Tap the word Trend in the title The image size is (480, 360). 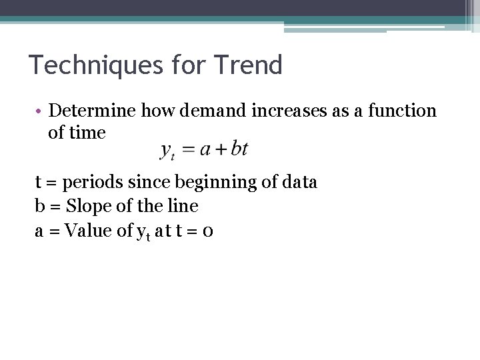click(249, 65)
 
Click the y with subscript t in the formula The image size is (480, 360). click(167, 151)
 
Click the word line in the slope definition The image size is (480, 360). click(185, 207)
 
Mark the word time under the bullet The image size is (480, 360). click(87, 133)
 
